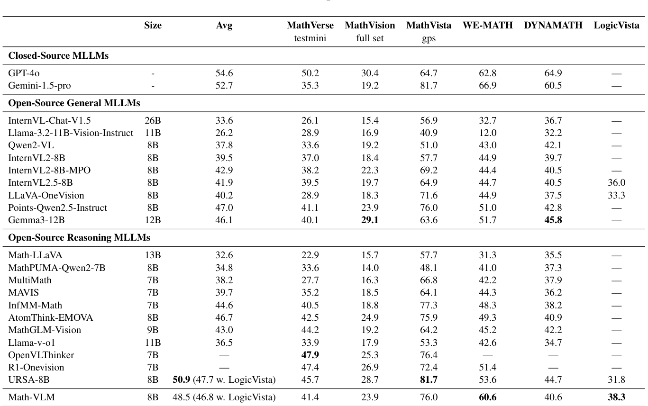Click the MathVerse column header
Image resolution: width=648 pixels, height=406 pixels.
coord(310,26)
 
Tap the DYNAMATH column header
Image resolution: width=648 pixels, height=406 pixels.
coord(553,26)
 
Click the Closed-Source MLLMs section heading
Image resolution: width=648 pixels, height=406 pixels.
coord(58,56)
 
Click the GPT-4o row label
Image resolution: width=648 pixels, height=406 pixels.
coord(21,73)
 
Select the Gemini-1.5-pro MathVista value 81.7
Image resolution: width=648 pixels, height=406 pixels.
coord(429,86)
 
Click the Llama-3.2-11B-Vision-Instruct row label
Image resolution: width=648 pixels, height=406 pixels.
coord(71,133)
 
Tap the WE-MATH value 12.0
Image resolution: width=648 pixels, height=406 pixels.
coord(488,133)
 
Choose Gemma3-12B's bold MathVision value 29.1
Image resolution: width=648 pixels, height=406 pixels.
coord(370,219)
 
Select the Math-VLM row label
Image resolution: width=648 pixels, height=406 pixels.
coord(31,397)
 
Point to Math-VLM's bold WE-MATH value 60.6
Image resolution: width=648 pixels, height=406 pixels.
coord(488,397)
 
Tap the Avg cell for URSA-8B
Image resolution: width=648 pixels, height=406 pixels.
coord(224,379)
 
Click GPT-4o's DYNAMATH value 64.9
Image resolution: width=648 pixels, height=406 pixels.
coord(553,73)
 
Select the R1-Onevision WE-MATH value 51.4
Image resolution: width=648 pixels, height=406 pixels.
coord(488,367)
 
